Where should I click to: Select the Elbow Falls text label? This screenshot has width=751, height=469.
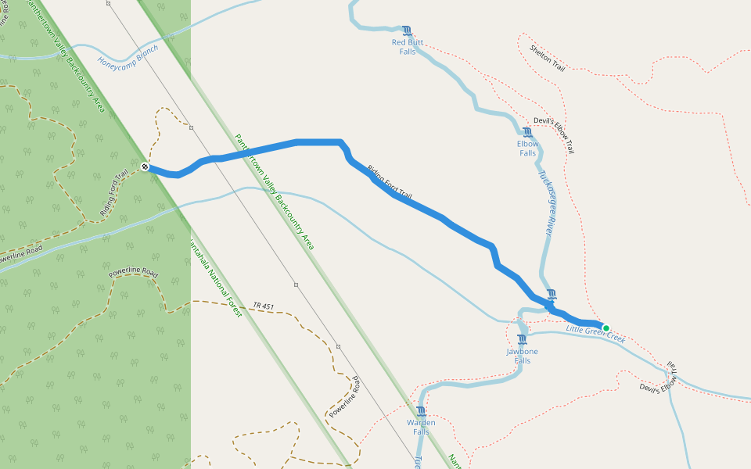[527, 149]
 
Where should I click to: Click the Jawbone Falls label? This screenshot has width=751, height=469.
[523, 356]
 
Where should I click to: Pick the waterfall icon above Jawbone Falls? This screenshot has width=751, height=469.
[523, 339]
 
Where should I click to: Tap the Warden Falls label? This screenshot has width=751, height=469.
[421, 428]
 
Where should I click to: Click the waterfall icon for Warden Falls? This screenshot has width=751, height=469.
[422, 411]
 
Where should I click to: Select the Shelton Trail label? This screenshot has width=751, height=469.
[547, 58]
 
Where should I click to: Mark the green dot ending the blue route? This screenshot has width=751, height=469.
[605, 328]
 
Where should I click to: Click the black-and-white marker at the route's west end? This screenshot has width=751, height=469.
[145, 166]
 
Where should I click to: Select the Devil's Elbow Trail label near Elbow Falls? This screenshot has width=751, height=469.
[559, 134]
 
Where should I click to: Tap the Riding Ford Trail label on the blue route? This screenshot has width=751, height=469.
[389, 181]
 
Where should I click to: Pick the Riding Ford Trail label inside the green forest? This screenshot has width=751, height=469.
[114, 194]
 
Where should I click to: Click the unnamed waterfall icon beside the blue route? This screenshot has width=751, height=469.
[552, 294]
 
